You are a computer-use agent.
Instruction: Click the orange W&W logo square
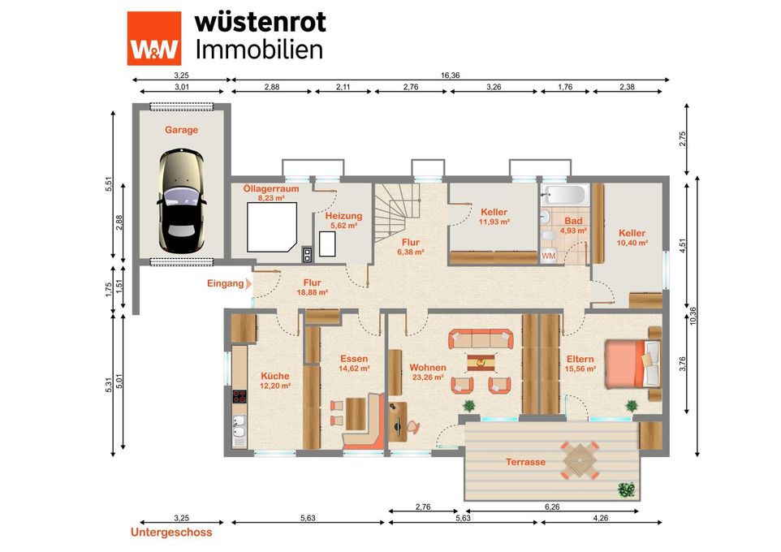click(x=154, y=38)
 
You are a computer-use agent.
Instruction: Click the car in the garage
click(x=181, y=201)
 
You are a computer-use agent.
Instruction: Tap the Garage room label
click(x=181, y=130)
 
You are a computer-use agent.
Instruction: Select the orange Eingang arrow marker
click(x=248, y=283)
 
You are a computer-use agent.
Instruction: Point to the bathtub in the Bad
click(x=566, y=194)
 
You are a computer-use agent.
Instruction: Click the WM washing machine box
click(x=548, y=256)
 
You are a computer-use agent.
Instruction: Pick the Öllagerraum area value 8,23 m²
click(x=271, y=198)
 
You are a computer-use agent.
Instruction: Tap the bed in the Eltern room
click(x=632, y=364)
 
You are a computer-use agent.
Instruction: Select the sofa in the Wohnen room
click(x=481, y=339)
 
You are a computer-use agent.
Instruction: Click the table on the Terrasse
click(x=580, y=459)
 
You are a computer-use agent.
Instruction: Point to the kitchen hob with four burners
click(x=239, y=397)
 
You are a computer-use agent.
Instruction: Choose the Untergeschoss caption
click(x=171, y=533)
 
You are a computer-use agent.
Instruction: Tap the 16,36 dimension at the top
click(x=450, y=75)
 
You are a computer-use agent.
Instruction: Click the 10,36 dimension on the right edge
click(x=693, y=317)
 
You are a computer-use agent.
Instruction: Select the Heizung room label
click(x=343, y=216)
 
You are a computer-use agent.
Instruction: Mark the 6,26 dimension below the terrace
click(x=552, y=507)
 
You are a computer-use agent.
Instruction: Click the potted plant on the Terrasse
click(x=626, y=489)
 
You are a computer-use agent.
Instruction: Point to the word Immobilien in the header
click(x=259, y=50)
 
